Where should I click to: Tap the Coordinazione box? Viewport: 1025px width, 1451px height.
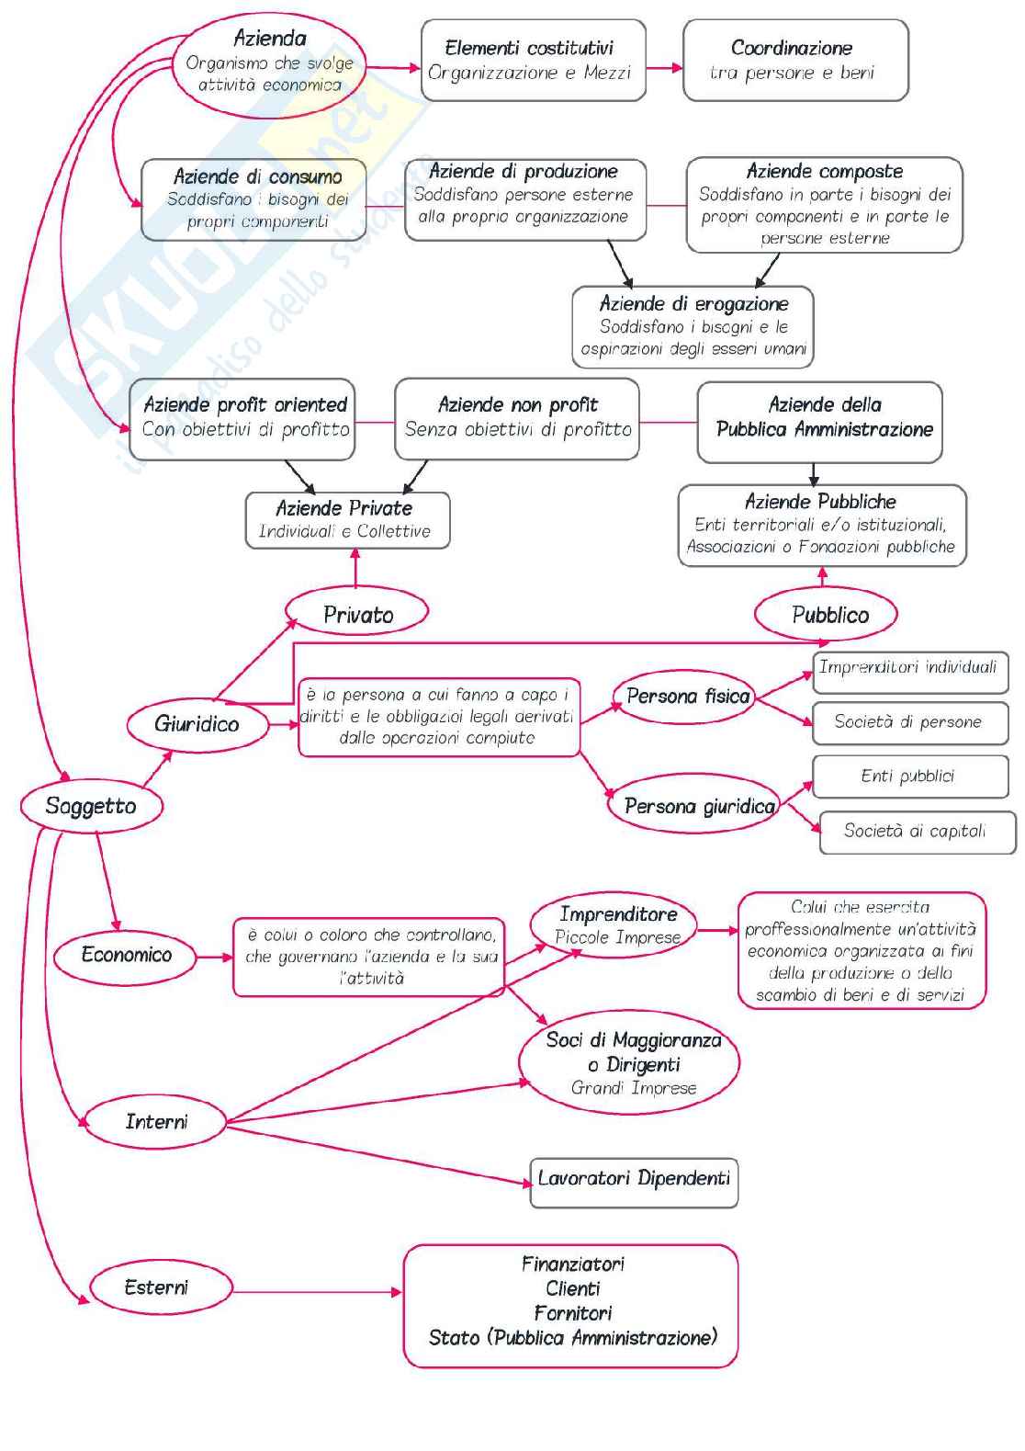[x=794, y=61]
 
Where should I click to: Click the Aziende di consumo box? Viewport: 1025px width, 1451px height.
[x=253, y=199]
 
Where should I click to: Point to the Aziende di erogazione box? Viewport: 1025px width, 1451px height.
[x=693, y=326]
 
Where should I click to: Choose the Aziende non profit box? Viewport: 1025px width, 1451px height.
[x=517, y=418]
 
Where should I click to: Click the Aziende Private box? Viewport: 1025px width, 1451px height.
[x=347, y=520]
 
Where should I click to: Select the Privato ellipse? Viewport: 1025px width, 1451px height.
[x=357, y=614]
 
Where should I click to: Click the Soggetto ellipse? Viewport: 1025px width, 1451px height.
[x=91, y=806]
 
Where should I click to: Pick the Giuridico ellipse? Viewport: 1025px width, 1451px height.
[x=197, y=724]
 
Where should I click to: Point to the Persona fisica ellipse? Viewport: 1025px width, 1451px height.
[x=687, y=697]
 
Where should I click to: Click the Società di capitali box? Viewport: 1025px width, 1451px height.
[x=916, y=832]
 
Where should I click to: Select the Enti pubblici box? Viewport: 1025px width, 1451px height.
[x=909, y=777]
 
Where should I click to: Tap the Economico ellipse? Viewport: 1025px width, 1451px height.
[x=126, y=955]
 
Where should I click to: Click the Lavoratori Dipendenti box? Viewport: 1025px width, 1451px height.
[x=634, y=1181]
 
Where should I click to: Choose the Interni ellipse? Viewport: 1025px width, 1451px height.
[x=156, y=1121]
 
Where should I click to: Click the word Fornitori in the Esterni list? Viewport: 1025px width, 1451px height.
[x=572, y=1313]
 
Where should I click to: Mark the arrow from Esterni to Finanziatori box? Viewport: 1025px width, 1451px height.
[x=317, y=1291]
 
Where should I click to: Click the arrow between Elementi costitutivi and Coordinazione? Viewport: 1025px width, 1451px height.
[x=665, y=68]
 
